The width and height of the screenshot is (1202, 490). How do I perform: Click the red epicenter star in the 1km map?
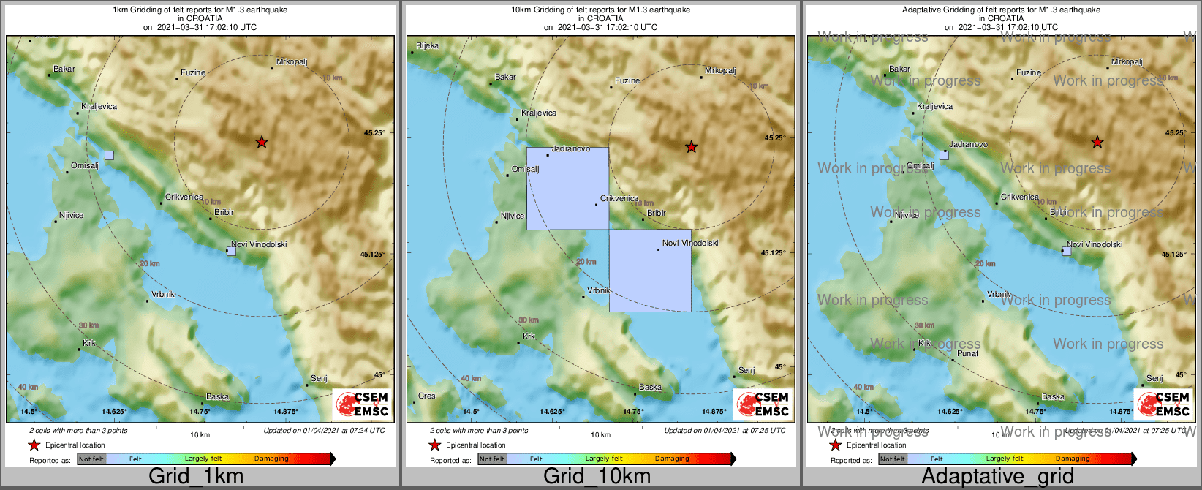[x=262, y=142]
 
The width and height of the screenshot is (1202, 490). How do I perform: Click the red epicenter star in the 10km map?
[x=691, y=147]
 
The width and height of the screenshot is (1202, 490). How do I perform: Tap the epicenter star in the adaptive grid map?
[x=1097, y=142]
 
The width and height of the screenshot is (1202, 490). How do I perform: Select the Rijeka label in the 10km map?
[x=428, y=45]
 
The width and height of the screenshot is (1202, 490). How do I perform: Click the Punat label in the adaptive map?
[x=968, y=353]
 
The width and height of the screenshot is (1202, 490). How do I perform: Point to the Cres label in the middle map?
[x=426, y=396]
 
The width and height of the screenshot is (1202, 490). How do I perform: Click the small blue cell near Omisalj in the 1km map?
[x=109, y=155]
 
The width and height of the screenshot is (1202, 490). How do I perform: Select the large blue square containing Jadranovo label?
[x=567, y=189]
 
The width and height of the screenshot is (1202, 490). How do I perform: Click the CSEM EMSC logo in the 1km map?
[x=363, y=404]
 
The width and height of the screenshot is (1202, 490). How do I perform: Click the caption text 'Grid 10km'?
[x=597, y=477]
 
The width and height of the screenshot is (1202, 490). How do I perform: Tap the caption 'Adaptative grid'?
[x=997, y=477]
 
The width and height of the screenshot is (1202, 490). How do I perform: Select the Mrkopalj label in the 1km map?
[x=290, y=61]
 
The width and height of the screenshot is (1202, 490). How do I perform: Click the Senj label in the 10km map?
[x=746, y=370]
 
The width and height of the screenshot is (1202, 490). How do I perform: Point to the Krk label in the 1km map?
[x=89, y=343]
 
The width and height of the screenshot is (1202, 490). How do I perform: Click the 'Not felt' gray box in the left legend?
[x=91, y=459]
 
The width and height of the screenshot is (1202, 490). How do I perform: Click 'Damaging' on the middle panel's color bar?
[x=672, y=459]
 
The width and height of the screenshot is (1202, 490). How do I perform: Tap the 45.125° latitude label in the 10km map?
[x=774, y=252]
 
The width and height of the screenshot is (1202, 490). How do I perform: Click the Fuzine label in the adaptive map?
[x=1029, y=72]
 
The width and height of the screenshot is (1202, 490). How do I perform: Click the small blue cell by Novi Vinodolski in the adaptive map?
[x=1067, y=251]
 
